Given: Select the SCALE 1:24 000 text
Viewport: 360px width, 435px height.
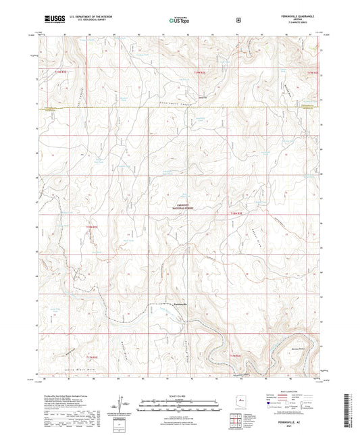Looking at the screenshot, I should (179, 396).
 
